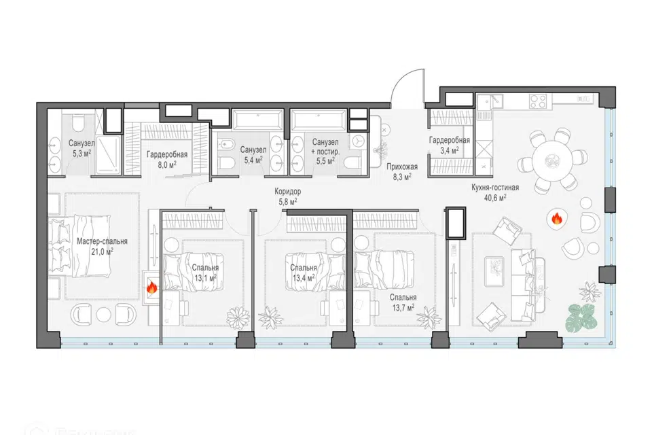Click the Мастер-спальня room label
[103, 241]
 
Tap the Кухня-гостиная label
[495, 188]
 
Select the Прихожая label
[401, 167]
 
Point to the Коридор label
[287, 192]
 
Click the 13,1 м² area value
[205, 277]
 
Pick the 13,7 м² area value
[403, 308]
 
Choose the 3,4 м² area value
[450, 150]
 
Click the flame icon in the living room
[556, 217]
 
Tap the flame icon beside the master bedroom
[151, 287]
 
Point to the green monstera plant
[581, 317]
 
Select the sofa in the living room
[528, 285]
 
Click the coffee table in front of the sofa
[494, 271]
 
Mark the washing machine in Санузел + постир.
[358, 142]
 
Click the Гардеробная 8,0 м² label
[167, 159]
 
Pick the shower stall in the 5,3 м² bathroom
[108, 155]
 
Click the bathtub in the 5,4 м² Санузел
[258, 120]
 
